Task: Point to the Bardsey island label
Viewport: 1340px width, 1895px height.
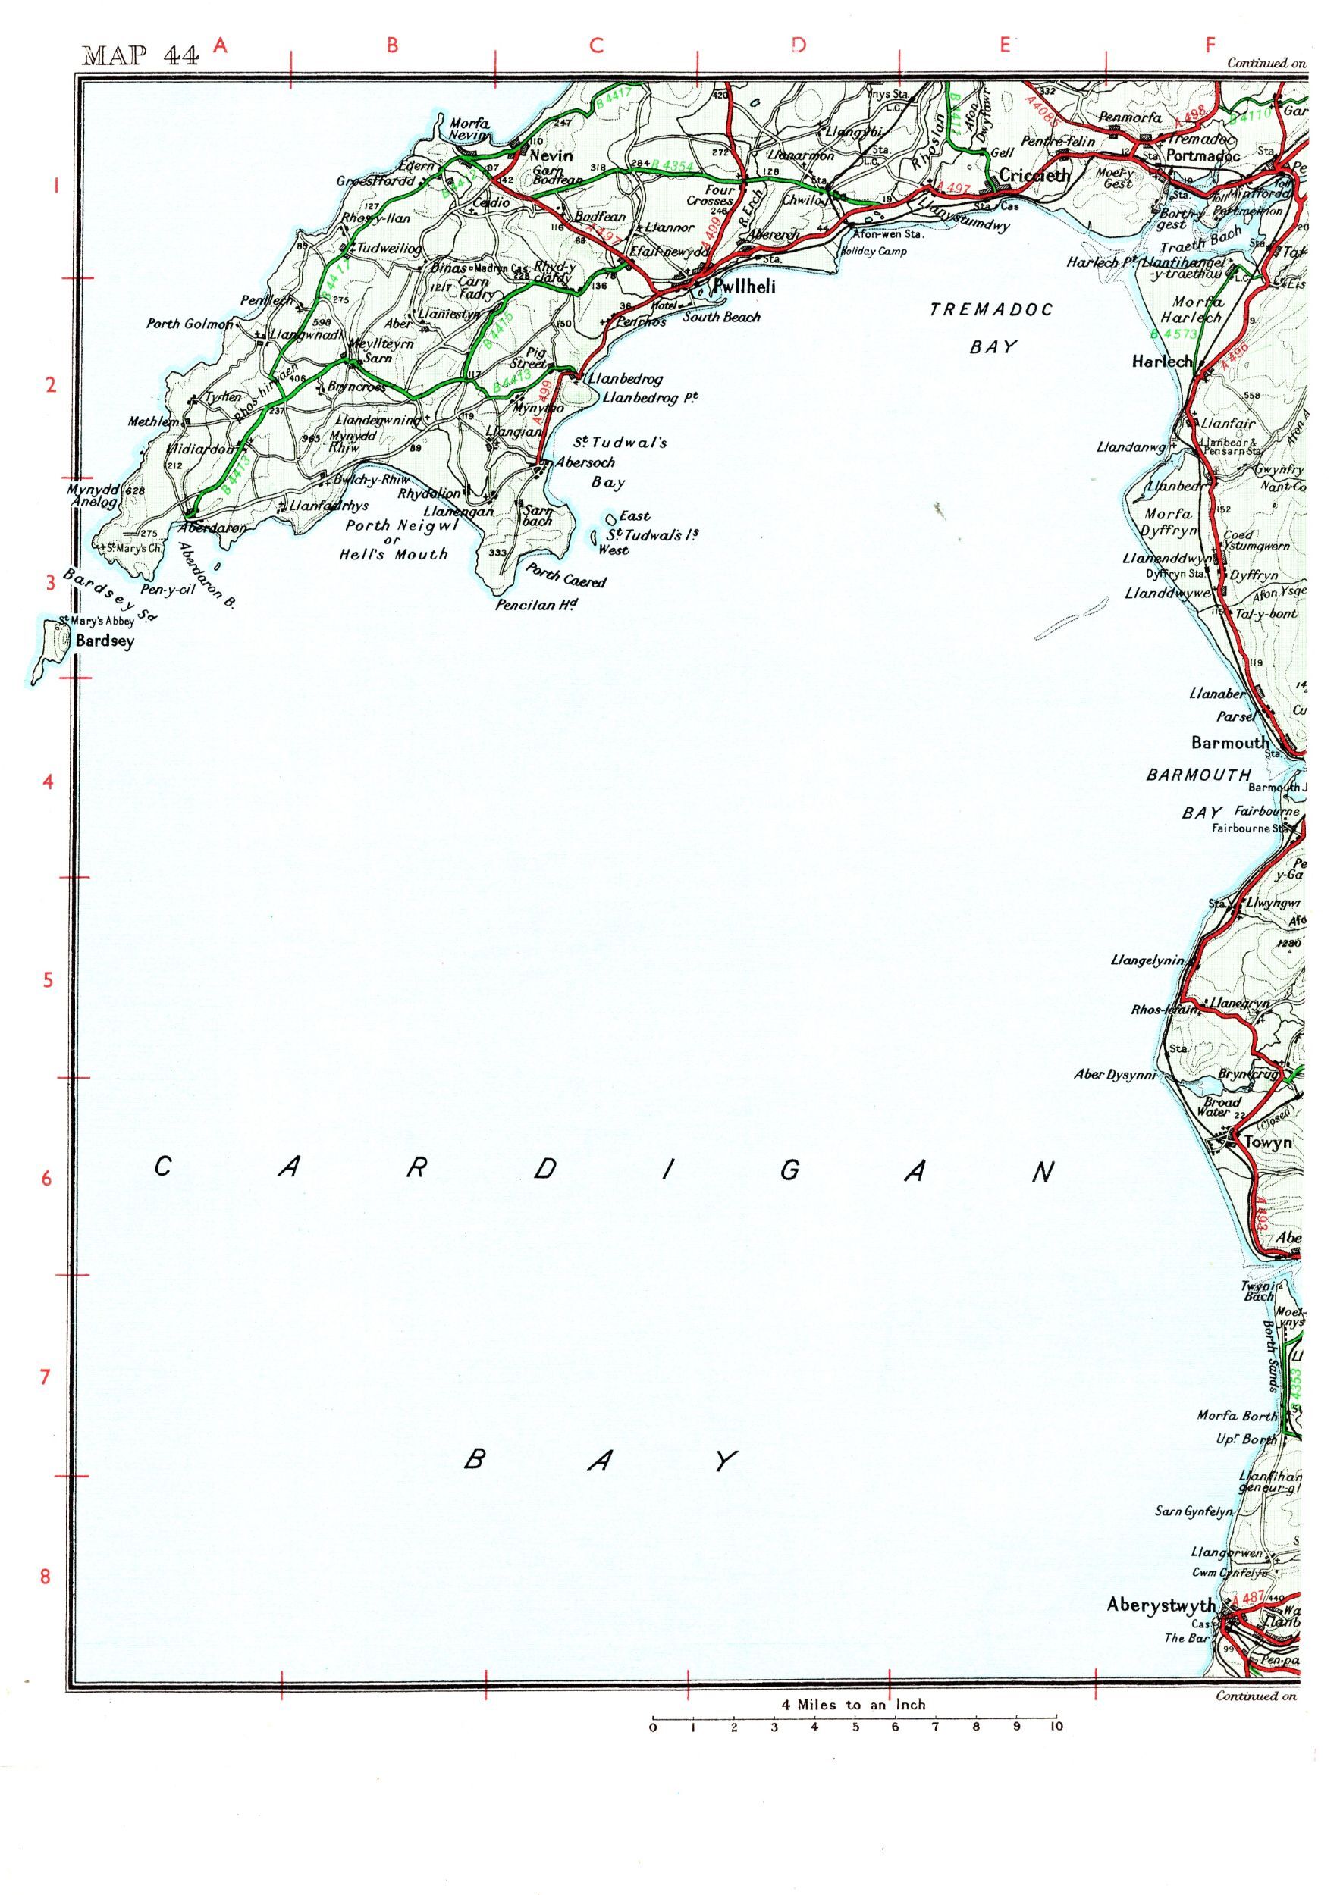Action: (104, 641)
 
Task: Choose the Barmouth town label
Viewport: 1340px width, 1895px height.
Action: (1229, 743)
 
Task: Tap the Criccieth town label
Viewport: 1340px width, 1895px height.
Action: (1034, 175)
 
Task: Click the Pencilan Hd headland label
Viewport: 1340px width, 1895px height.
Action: (535, 605)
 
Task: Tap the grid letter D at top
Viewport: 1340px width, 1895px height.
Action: (798, 46)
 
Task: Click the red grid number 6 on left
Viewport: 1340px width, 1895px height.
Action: (47, 1178)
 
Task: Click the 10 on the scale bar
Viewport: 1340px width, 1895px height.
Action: (1055, 1727)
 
